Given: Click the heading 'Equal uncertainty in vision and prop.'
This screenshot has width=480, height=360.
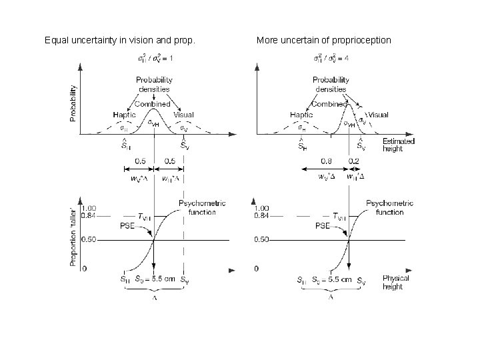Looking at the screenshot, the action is pos(120,41).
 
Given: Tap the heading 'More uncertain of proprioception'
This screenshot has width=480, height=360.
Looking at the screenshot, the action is pos(324,41).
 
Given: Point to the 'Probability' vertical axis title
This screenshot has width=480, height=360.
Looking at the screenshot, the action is pos(73,103).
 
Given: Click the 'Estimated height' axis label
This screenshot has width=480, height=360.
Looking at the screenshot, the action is pos(399,145).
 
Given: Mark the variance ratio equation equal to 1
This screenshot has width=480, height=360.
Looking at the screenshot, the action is pos(155,59).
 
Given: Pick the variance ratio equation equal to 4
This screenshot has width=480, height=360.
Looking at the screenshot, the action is pos(331,59).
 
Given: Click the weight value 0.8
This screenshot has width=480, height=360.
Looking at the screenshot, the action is pos(326,161).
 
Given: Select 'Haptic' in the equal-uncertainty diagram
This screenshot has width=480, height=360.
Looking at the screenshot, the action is pos(124,115).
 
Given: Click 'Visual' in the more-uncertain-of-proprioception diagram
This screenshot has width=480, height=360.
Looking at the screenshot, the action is pos(378,115).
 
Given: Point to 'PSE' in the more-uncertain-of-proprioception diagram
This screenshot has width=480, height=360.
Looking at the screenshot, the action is pos(323,226).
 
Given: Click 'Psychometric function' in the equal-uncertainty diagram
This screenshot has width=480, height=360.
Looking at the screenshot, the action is pos(202,207).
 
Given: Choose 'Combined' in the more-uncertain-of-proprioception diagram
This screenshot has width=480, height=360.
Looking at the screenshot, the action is pos(329,104).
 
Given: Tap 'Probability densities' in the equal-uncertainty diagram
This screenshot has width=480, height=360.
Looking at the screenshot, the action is pos(153,85).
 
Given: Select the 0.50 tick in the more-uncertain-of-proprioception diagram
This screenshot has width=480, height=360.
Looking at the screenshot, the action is pos(265,239).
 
